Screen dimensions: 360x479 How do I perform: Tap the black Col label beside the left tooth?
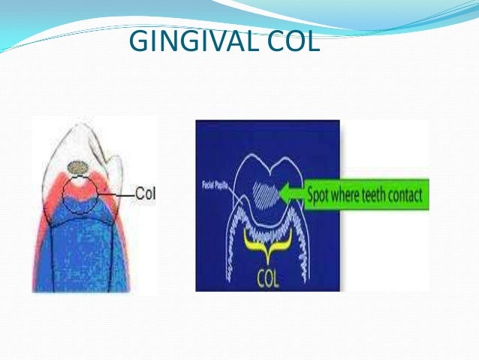(x=145, y=194)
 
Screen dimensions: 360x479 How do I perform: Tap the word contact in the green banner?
(x=405, y=198)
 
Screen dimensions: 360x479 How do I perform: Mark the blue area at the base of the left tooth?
(x=75, y=256)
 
